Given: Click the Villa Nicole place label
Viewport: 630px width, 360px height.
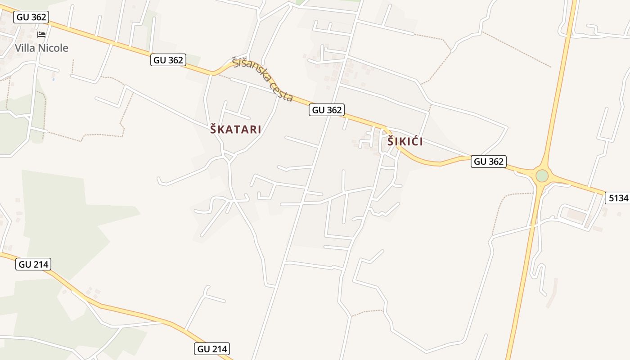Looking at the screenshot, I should [41, 48].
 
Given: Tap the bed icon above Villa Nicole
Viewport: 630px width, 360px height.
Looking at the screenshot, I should [41, 34].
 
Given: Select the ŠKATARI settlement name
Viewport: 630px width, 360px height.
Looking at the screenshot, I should [235, 130].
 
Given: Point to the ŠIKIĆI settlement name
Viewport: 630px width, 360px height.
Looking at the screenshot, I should [405, 142].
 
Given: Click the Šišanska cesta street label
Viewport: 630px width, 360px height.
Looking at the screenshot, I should [263, 79].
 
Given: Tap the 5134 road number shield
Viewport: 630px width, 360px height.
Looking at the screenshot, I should [618, 198].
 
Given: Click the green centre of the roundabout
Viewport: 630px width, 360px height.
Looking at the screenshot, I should [542, 175].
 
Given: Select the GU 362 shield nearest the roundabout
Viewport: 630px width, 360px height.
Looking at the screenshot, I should [489, 161].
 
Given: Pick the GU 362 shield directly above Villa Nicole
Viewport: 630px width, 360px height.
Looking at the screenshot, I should [31, 17].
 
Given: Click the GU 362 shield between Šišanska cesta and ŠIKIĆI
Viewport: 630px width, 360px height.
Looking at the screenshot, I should [327, 109].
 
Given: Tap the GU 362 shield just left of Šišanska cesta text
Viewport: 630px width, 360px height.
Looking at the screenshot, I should [168, 60].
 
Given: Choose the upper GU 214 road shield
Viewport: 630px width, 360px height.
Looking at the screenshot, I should [33, 264].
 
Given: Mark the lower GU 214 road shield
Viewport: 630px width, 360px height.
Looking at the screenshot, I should [212, 348].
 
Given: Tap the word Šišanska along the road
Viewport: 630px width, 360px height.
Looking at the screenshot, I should [251, 71].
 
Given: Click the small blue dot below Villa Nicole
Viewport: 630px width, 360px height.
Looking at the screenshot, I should [54, 79].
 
